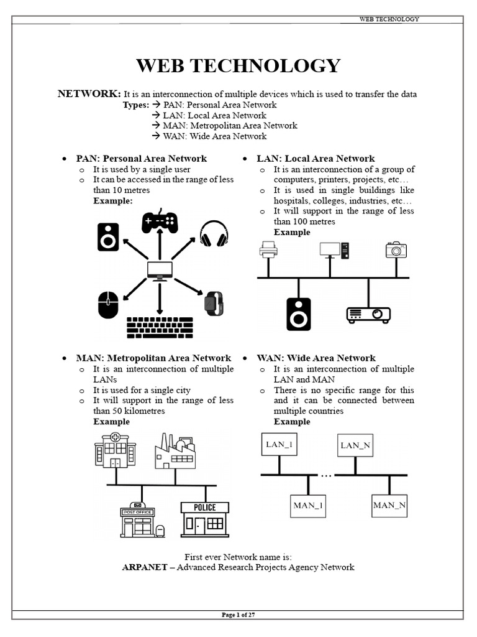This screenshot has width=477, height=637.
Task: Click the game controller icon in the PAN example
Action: [160, 221]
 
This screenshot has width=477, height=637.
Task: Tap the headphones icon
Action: [214, 234]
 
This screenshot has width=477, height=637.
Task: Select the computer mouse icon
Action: [108, 305]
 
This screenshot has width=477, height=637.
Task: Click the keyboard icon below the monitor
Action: [160, 327]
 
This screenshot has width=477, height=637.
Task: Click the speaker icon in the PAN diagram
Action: [108, 237]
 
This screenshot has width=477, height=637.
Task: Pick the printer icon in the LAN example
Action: [268, 249]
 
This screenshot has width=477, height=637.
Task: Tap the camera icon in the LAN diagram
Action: [396, 249]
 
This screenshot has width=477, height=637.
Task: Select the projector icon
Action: [368, 314]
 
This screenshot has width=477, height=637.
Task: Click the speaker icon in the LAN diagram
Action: [298, 314]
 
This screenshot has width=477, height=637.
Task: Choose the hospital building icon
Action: [115, 450]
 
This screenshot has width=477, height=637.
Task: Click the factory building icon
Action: [175, 451]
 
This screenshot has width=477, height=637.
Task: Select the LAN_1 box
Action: [279, 445]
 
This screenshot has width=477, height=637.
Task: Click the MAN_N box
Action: [389, 505]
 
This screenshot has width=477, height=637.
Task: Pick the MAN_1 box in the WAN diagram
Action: [309, 505]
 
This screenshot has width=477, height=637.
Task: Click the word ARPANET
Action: [145, 567]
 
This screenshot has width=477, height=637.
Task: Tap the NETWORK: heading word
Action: [89, 93]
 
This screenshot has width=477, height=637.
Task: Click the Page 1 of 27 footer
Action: [238, 615]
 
